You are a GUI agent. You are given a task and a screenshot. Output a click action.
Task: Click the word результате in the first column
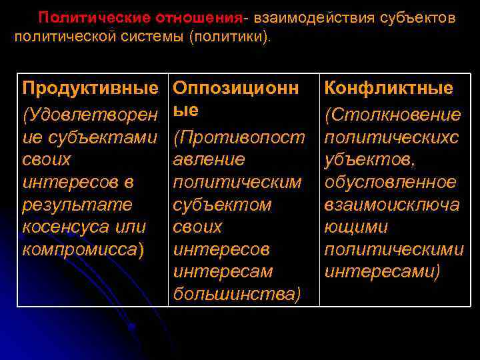pos(77,204)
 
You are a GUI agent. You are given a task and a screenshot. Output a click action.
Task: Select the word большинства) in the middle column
pos(237,294)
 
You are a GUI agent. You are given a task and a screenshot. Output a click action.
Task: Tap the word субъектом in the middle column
pos(222,204)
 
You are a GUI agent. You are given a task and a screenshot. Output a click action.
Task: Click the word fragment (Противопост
pos(239,138)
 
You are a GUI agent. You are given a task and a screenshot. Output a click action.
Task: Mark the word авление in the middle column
pos(209,160)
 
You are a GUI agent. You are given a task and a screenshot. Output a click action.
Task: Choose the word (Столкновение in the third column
pos(392,115)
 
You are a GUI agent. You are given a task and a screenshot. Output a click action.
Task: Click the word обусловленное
pos(390,181)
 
